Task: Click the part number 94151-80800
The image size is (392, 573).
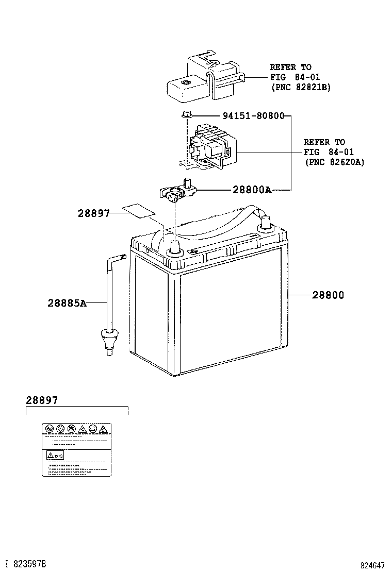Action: point(253,116)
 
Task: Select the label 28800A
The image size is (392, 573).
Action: point(252,190)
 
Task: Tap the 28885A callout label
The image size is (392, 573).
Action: point(67,303)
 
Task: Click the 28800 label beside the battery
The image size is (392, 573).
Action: point(328,295)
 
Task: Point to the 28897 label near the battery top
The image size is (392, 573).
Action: point(94,212)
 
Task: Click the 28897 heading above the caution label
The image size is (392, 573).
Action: point(42,400)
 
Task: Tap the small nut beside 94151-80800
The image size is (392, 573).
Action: point(187,114)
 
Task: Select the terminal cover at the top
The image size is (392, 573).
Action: point(201,80)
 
